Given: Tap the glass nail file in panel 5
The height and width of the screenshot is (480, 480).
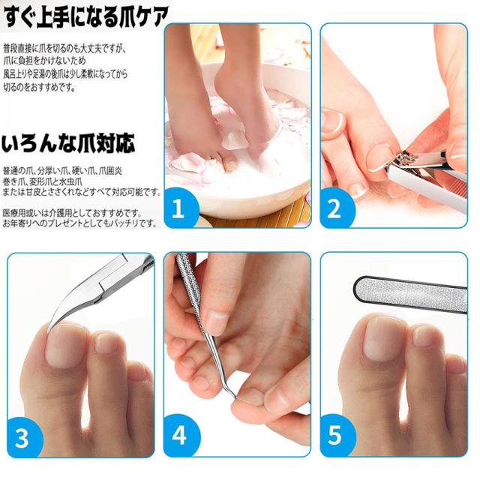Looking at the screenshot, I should pyautogui.click(x=412, y=288).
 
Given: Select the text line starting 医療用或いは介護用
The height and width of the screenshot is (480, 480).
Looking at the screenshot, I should pyautogui.click(x=72, y=212).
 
